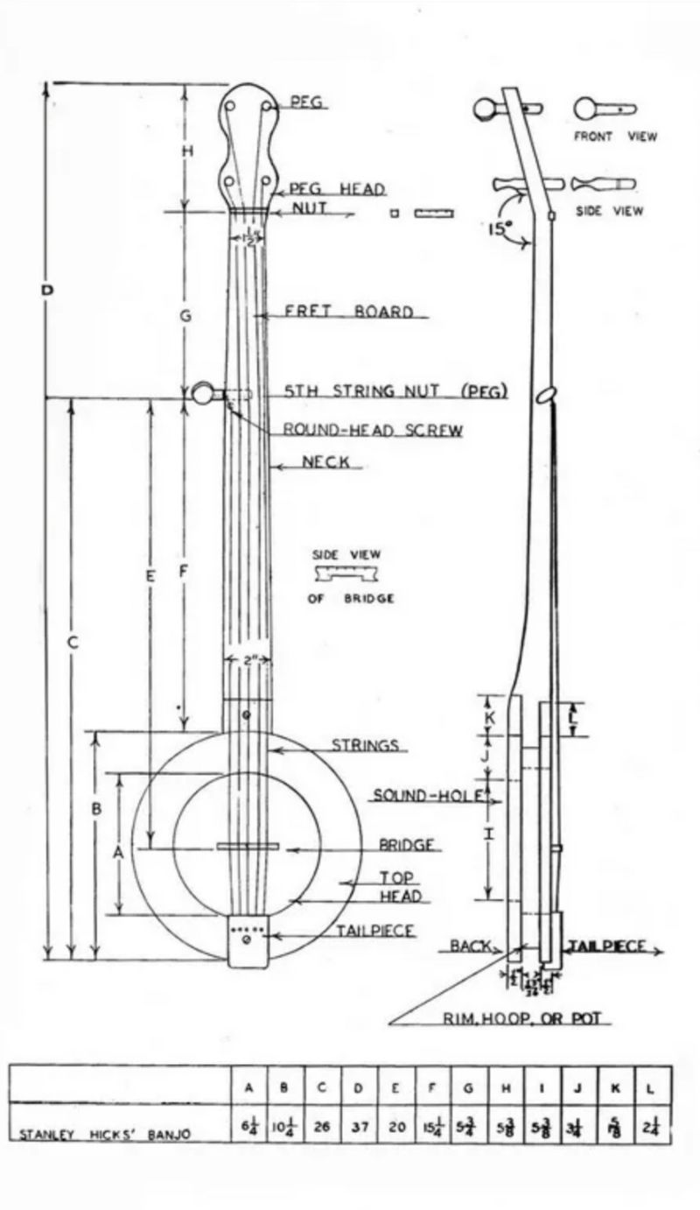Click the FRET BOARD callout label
pos(349,312)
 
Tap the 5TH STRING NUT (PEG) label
pos(395,391)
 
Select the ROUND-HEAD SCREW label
pos(373,430)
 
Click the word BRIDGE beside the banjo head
pos(407,846)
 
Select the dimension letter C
pos(73,642)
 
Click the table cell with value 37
pos(360,1126)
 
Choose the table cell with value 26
pos(322,1126)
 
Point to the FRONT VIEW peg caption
pos(615,137)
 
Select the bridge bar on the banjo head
pos(248,846)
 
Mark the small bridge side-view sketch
pos(347,574)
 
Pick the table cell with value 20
pos(397,1126)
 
